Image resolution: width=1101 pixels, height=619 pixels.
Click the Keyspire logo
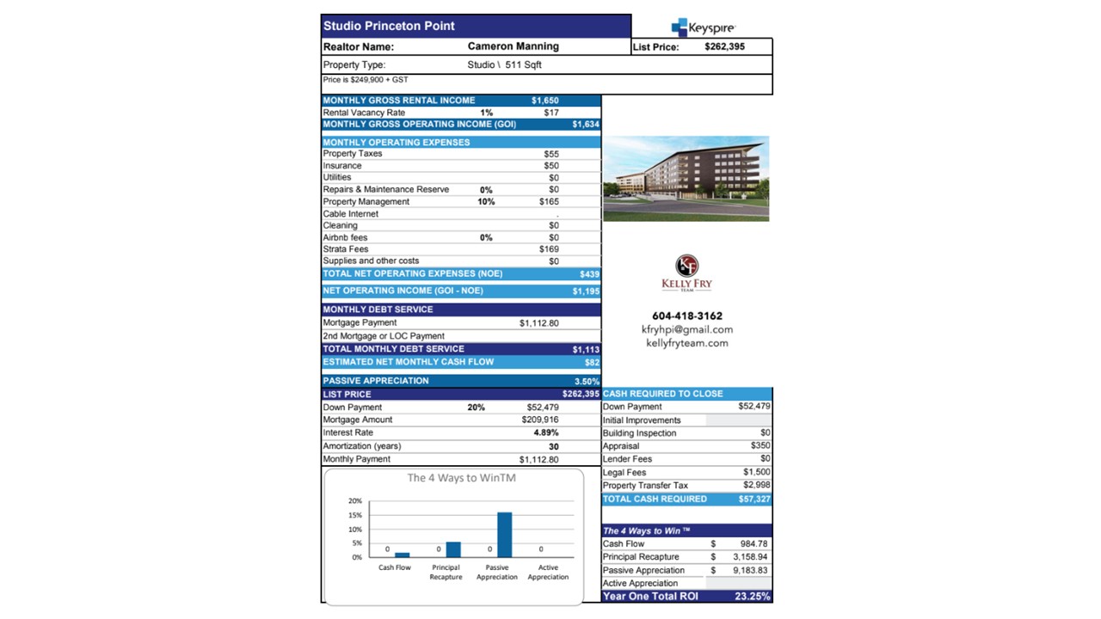[x=703, y=28]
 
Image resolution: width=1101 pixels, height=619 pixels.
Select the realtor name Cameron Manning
[x=513, y=46]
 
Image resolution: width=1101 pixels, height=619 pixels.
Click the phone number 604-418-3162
[x=686, y=316]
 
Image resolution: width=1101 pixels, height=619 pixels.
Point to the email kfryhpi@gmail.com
[x=686, y=329]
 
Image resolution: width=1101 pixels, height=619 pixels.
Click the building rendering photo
[x=686, y=178]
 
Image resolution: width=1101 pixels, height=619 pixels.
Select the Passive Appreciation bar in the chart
[x=504, y=536]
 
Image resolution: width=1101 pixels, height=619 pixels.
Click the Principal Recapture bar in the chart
[x=453, y=549]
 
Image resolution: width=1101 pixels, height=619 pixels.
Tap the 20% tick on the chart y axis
[x=355, y=500]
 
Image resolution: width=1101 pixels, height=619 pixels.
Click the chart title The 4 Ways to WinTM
[x=461, y=478]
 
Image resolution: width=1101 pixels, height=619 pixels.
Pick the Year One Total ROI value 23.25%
[x=753, y=596]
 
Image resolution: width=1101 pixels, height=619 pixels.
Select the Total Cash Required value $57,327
[x=754, y=499]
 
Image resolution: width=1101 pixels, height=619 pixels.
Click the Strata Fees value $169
[x=549, y=249]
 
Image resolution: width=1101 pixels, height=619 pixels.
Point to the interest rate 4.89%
[x=546, y=432]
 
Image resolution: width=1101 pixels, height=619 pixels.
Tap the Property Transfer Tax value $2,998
[x=757, y=486]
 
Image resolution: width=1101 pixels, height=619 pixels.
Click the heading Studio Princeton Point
[x=389, y=26]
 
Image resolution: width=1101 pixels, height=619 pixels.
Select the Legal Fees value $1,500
[x=757, y=472]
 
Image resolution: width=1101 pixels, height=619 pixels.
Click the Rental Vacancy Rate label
[x=364, y=113]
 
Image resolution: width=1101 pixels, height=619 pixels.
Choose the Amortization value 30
[x=553, y=446]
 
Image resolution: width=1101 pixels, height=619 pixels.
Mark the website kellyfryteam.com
[x=686, y=343]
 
